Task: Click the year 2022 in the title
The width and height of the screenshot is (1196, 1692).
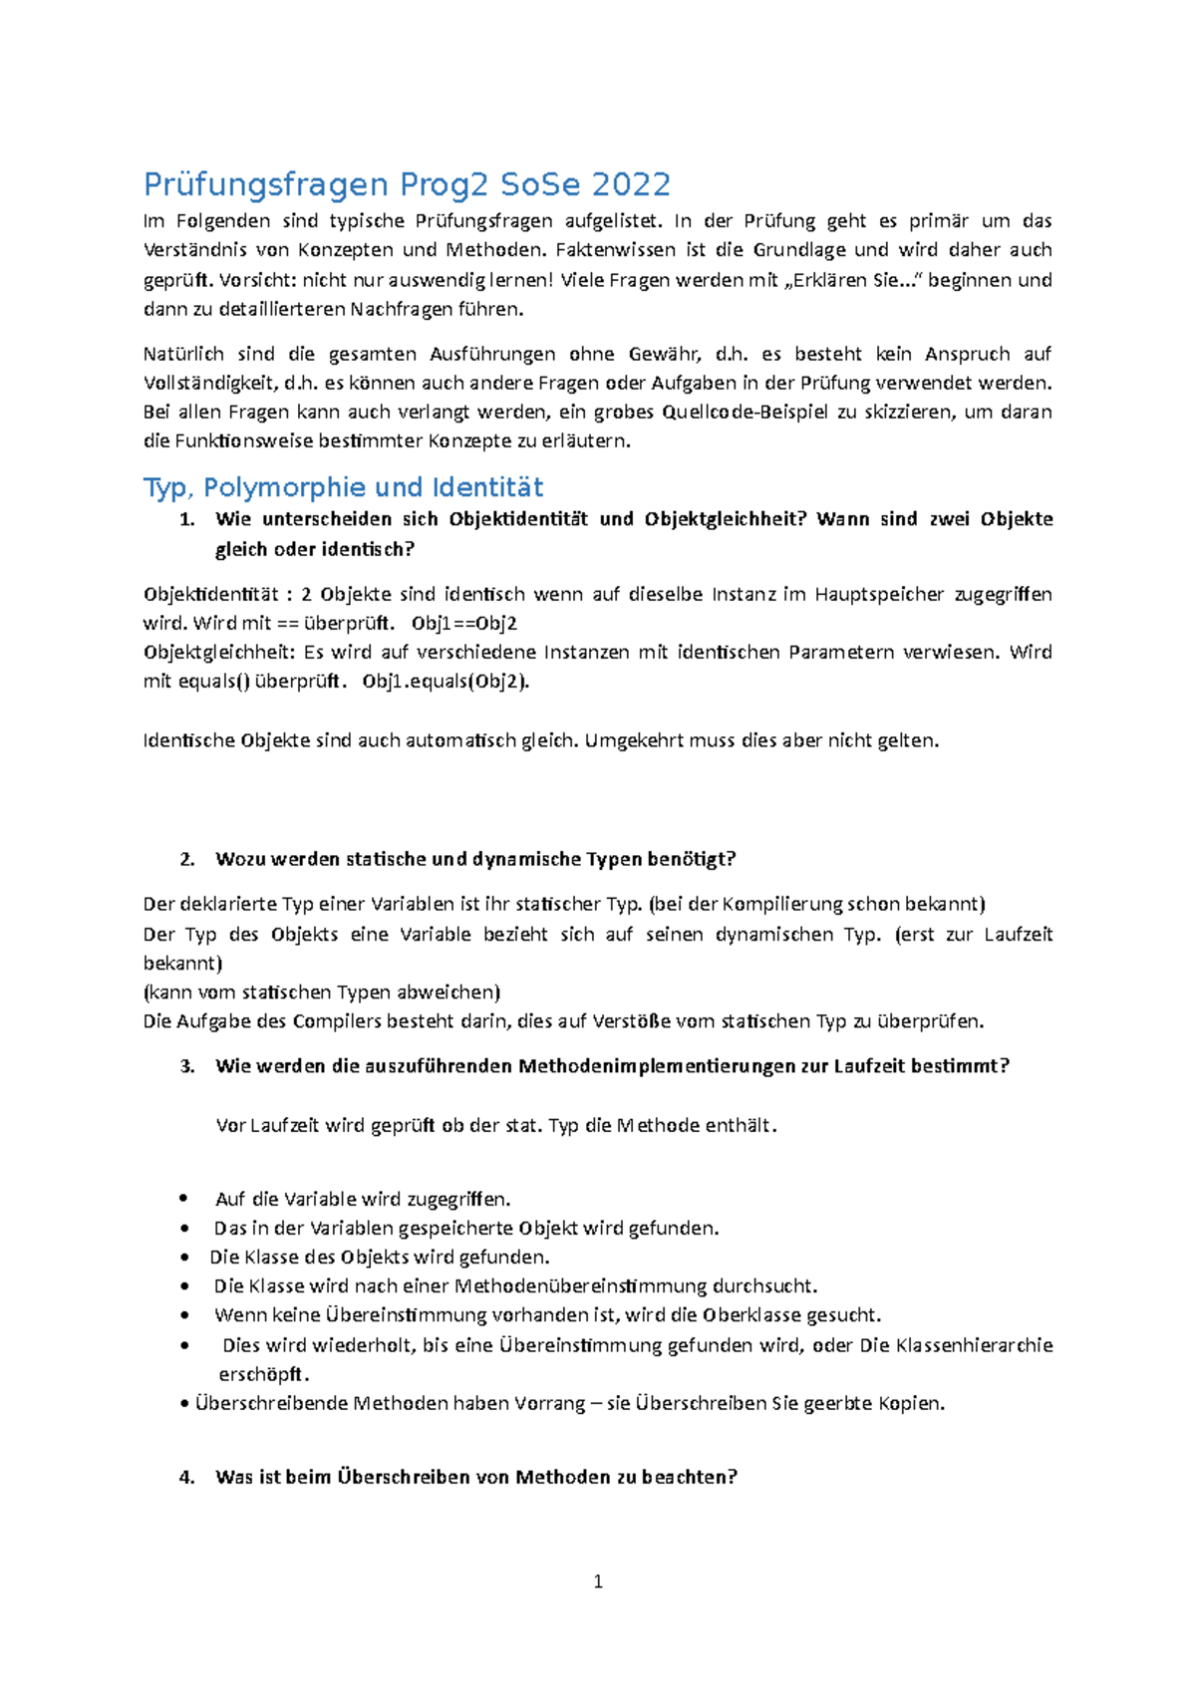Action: click(630, 184)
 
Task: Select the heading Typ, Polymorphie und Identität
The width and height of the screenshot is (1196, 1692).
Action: click(343, 487)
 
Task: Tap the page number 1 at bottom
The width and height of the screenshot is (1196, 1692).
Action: click(598, 1581)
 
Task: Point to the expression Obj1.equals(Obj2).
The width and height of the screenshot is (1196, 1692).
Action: click(446, 682)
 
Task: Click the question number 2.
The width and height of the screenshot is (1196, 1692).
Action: click(186, 859)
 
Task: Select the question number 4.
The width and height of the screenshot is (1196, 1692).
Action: click(186, 1477)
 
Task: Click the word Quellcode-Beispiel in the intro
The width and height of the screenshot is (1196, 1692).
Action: click(738, 413)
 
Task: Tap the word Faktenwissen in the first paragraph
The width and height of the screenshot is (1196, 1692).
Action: click(610, 250)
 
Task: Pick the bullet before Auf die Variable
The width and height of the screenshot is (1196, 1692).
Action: click(183, 1200)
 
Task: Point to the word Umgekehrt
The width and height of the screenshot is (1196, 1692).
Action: click(630, 740)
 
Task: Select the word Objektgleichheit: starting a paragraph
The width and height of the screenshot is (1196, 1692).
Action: click(219, 653)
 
